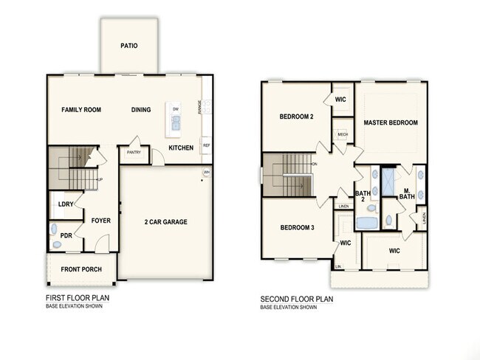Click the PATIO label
[128, 46]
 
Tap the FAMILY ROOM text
[80, 110]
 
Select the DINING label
[141, 110]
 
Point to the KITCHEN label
[181, 148]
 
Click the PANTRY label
[134, 153]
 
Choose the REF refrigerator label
[206, 145]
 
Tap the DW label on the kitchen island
[176, 109]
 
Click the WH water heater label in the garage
[207, 173]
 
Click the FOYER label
[101, 220]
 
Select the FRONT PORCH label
[81, 269]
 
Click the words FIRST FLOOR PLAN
[78, 299]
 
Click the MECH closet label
[342, 134]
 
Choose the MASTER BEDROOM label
[391, 122]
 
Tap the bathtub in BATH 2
[367, 222]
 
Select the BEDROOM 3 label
[297, 227]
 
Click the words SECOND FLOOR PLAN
[297, 300]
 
